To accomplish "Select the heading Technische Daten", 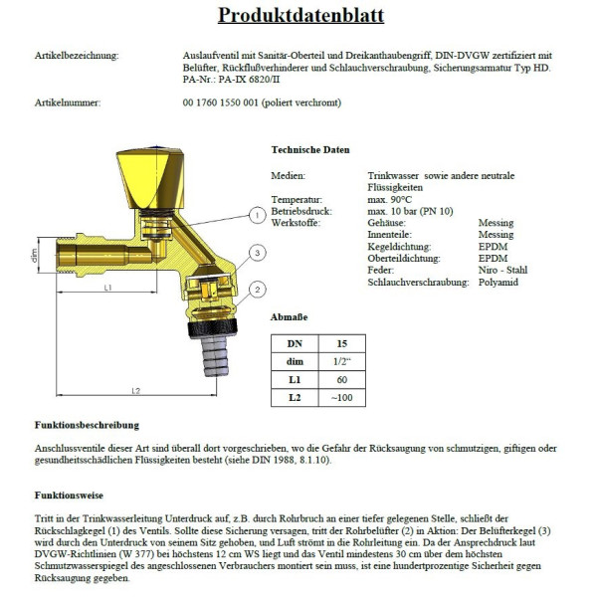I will tap(310, 150).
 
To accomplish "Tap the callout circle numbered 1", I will tap(256, 215).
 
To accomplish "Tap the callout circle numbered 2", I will tap(257, 290).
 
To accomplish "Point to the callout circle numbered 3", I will tap(256, 254).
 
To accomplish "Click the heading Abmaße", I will tap(288, 317).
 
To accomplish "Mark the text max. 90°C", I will tap(388, 199).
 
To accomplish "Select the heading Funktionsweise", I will tap(68, 495).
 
